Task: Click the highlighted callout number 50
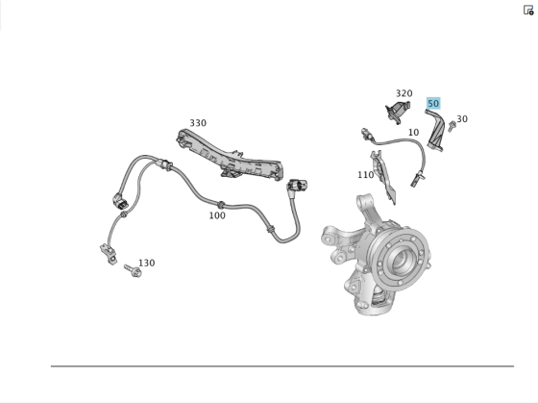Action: [433, 104]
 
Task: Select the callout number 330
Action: [197, 123]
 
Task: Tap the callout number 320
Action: [403, 94]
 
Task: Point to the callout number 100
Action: [217, 215]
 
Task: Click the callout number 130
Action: [146, 263]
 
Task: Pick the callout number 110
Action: [365, 175]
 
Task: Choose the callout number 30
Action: [462, 119]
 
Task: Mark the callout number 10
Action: [413, 133]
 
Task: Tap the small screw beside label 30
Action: [451, 127]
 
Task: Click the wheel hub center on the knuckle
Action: [401, 260]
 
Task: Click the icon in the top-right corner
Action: [528, 10]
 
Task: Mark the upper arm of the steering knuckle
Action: [365, 208]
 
